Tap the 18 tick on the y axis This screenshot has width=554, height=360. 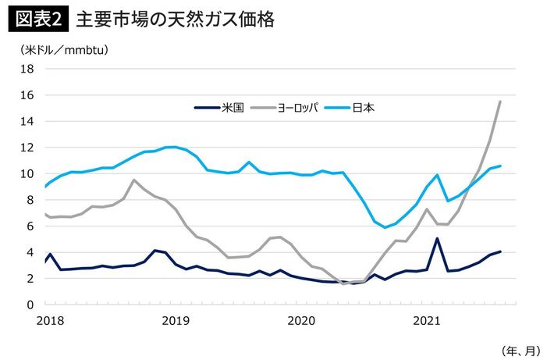27,69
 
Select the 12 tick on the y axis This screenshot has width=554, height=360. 27,148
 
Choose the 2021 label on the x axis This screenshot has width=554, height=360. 426,320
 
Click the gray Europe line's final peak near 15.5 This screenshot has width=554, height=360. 500,102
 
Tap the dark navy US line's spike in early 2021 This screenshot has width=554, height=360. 438,239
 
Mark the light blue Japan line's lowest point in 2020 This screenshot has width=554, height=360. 385,227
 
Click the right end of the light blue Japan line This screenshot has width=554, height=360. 500,166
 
